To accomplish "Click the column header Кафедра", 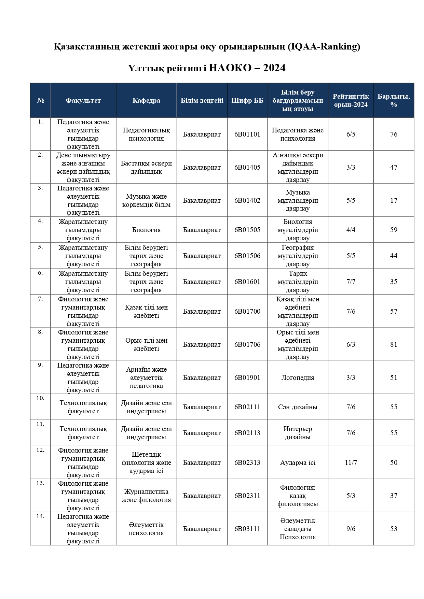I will (146, 101).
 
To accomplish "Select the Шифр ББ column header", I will (247, 101).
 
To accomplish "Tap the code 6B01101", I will (247, 134).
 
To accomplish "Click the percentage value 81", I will (394, 345).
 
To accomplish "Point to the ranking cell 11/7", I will (351, 463).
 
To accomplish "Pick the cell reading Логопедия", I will (298, 378).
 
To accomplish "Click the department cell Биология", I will (146, 230).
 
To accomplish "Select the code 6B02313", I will (247, 463).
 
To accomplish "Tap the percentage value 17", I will (394, 201).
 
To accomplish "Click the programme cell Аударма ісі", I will (298, 463).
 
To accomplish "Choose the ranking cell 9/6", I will (351, 529).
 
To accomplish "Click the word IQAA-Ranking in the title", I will (323, 46).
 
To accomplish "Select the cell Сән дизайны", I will (298, 407).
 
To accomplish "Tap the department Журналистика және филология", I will (146, 496).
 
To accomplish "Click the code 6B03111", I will (247, 529).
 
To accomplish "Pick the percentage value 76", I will (394, 134).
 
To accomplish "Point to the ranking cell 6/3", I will (351, 345).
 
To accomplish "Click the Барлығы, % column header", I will (394, 101).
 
